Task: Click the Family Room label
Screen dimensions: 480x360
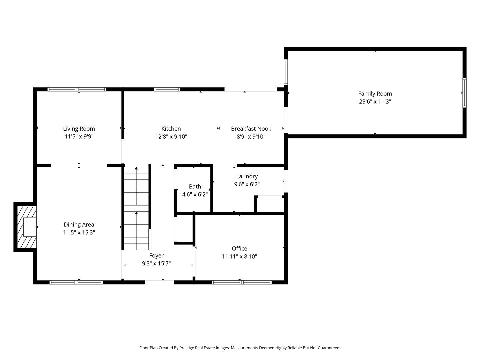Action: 375,94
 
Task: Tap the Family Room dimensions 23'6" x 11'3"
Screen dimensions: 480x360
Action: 375,102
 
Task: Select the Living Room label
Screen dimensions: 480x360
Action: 79,129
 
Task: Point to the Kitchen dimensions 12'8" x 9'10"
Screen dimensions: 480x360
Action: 171,137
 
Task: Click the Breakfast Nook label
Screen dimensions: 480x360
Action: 251,129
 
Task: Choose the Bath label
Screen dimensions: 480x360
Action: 195,186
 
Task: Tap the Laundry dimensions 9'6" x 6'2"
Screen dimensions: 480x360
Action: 247,184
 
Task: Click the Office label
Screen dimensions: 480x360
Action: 239,249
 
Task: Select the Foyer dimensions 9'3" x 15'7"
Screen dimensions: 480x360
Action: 156,263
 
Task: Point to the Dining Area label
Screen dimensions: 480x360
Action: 79,224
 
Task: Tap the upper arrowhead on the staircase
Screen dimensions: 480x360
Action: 136,168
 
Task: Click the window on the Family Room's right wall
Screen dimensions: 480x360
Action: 464,93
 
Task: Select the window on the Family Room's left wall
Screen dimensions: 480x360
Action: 286,72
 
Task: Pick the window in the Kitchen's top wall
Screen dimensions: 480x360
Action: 167,89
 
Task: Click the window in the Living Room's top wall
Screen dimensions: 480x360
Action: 77,89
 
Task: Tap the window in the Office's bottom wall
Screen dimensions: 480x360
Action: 242,282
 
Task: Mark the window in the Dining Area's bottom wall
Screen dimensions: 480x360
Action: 76,282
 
